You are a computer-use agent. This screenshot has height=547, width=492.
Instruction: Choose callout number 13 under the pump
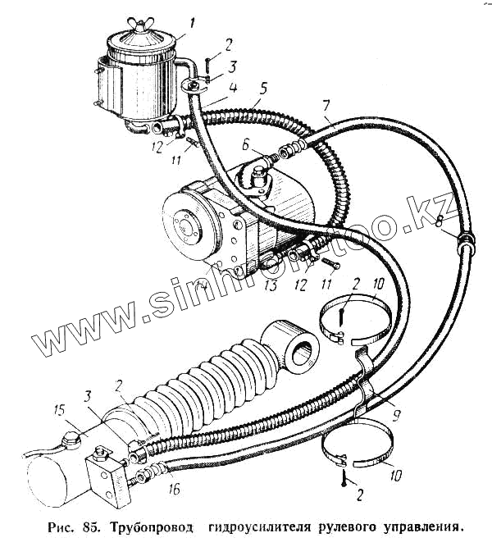271,287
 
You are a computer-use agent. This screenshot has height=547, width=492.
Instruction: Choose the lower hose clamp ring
362,447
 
